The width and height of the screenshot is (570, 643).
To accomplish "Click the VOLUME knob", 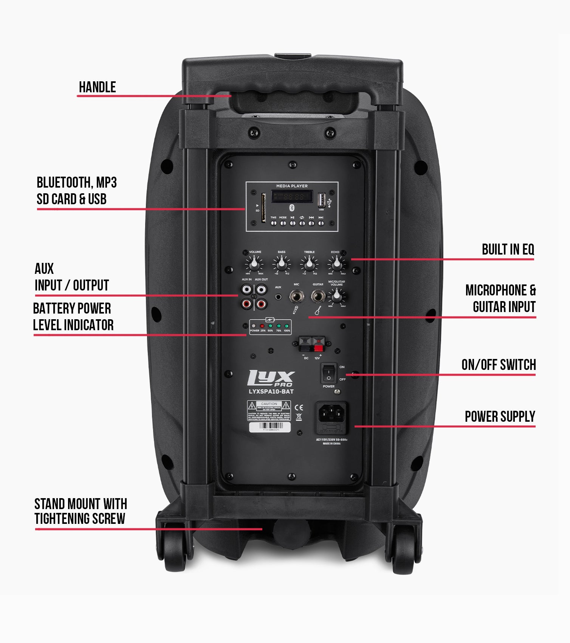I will pyautogui.click(x=255, y=263).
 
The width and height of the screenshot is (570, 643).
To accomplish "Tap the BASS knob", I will pyautogui.click(x=282, y=263).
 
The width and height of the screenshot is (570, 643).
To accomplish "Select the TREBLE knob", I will pyautogui.click(x=309, y=263).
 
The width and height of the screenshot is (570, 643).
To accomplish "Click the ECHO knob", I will pyautogui.click(x=336, y=263).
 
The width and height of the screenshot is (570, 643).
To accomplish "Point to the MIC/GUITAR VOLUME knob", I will pyautogui.click(x=336, y=296).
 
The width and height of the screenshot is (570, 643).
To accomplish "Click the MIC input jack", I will pyautogui.click(x=297, y=296).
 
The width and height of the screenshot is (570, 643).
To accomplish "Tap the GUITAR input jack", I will pyautogui.click(x=318, y=296).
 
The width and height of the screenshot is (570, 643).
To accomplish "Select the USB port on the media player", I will pyautogui.click(x=321, y=199).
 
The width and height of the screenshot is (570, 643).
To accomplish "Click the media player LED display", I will pyautogui.click(x=292, y=196).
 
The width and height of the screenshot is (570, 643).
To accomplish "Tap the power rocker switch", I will pyautogui.click(x=328, y=373).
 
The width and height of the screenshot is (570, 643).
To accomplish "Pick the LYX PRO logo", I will pyautogui.click(x=271, y=378).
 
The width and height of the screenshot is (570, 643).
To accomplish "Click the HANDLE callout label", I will pyautogui.click(x=97, y=87).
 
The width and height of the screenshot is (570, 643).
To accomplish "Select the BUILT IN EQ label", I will pyautogui.click(x=508, y=250).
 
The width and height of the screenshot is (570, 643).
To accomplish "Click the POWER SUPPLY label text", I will pyautogui.click(x=500, y=417).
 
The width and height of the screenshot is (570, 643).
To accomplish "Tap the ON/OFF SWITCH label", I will pyautogui.click(x=498, y=365).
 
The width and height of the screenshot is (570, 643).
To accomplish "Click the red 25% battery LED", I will pyautogui.click(x=262, y=326).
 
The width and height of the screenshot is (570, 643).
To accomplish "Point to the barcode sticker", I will pyautogui.click(x=270, y=427).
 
